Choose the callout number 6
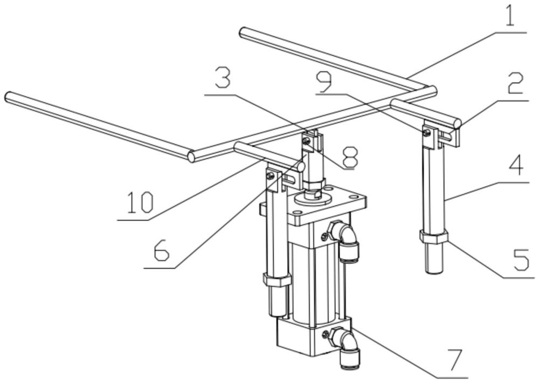pyautogui.click(x=161, y=252)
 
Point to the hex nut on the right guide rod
pyautogui.click(x=433, y=236)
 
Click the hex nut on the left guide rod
pyautogui.click(x=277, y=279)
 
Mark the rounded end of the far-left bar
pyautogui.click(x=9, y=97)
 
